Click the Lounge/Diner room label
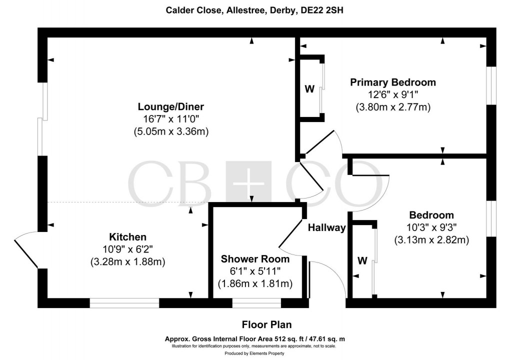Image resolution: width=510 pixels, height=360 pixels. pos(171,107)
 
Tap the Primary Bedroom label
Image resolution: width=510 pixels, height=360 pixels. pos(392,82)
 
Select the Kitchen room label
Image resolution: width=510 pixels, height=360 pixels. pos(128,236)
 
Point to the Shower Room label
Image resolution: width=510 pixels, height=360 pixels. pos(255,259)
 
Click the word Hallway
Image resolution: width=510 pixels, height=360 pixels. pos(326,228)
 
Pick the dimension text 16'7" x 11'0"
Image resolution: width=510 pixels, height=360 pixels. pos(171,119)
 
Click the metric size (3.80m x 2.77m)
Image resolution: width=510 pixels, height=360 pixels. pos(392,107)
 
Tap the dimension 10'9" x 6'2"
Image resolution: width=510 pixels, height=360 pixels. pos(128,249)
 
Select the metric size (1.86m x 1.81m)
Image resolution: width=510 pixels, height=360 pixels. pos(255,283)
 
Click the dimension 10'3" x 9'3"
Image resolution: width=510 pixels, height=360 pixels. pos(431,227)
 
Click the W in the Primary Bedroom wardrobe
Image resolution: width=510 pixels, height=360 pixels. pos(309,89)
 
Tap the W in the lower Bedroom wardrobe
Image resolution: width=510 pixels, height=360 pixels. pos(362,260)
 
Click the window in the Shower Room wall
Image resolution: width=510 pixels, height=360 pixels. pos(256,302)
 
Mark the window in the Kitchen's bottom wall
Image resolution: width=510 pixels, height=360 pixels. pos(124,302)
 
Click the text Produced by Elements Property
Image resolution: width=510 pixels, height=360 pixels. pos(255,353)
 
